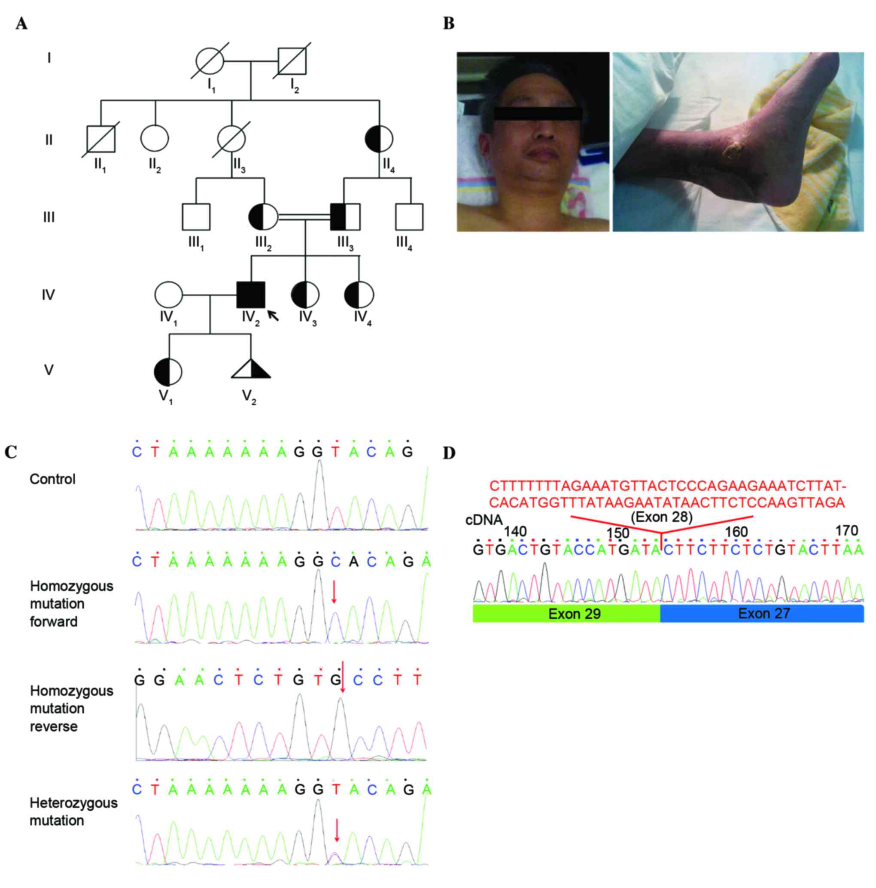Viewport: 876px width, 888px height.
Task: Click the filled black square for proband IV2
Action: coord(250,295)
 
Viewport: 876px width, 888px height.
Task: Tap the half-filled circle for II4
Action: coord(379,138)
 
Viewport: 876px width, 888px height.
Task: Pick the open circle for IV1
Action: coord(168,295)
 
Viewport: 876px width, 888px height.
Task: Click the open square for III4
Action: coord(409,216)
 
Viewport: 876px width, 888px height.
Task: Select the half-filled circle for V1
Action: coord(168,371)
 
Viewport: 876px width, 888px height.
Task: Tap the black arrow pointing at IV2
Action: coord(273,315)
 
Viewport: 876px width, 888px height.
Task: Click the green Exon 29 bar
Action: coord(566,614)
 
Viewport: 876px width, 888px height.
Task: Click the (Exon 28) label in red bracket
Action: coord(661,517)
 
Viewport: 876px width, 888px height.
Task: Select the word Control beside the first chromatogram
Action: coord(52,479)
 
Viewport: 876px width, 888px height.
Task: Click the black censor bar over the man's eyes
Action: coord(537,113)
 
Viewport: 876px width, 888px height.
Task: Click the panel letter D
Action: coord(449,453)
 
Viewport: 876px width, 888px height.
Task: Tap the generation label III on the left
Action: coord(49,217)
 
